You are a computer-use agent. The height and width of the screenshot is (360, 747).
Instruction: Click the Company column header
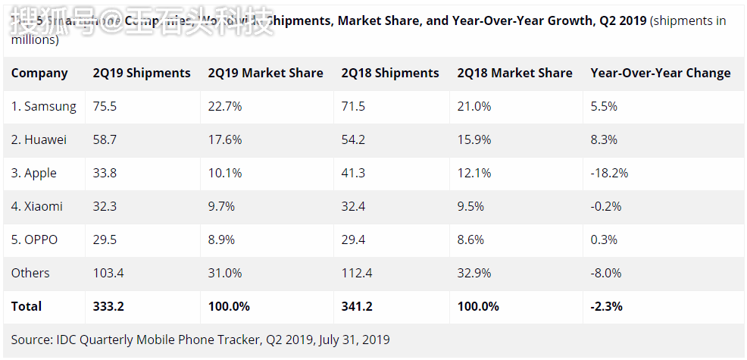pyautogui.click(x=39, y=74)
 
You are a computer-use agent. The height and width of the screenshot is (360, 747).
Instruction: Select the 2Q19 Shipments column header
pyautogui.click(x=142, y=74)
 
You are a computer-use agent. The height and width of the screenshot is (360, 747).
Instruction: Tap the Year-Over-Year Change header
pyautogui.click(x=661, y=74)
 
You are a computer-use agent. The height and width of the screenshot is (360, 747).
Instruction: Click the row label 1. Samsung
pyautogui.click(x=44, y=107)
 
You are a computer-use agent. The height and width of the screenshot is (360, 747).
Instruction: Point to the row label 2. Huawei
pyautogui.click(x=39, y=140)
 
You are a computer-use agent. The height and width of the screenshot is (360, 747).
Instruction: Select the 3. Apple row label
pyautogui.click(x=34, y=174)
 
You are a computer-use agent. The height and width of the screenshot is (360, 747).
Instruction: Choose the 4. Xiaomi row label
pyautogui.click(x=37, y=207)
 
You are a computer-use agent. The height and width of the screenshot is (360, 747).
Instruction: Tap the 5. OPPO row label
pyautogui.click(x=35, y=240)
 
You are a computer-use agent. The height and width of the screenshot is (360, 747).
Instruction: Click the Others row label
pyautogui.click(x=30, y=274)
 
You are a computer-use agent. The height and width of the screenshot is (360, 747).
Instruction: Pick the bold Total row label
pyautogui.click(x=27, y=307)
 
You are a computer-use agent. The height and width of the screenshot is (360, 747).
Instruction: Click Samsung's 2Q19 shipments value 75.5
pyautogui.click(x=105, y=107)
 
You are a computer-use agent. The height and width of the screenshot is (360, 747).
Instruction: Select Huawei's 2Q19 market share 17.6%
pyautogui.click(x=225, y=140)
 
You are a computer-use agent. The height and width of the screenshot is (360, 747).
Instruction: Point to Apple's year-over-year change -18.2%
pyautogui.click(x=609, y=174)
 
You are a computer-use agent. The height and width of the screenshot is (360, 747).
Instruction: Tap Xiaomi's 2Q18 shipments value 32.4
pyautogui.click(x=353, y=207)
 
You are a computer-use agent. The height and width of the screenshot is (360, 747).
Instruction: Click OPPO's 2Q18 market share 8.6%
pyautogui.click(x=471, y=240)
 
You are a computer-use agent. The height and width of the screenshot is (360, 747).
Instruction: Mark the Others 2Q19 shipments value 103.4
pyautogui.click(x=108, y=274)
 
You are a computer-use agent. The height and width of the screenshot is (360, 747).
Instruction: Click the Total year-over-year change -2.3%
pyautogui.click(x=606, y=307)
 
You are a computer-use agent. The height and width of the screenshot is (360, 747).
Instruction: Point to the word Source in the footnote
pyautogui.click(x=30, y=340)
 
